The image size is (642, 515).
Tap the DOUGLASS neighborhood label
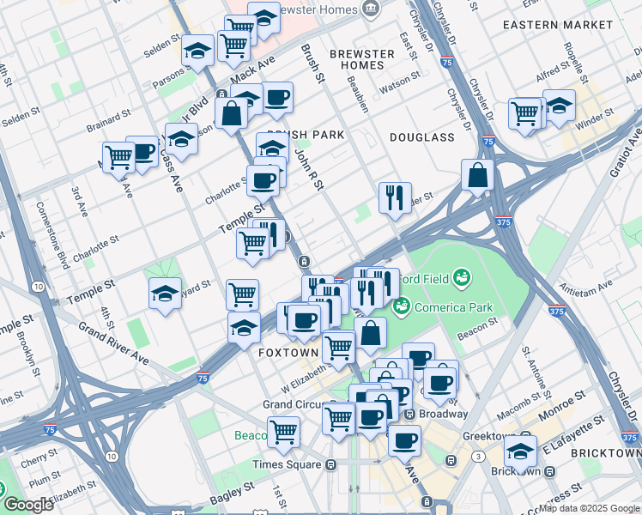tap(421, 137)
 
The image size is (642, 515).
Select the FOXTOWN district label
tap(289, 353)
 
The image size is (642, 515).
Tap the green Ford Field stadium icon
tap(462, 276)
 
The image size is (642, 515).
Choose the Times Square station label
tap(288, 464)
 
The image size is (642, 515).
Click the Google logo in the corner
tap(27, 505)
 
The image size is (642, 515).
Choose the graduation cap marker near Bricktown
tap(520, 451)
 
